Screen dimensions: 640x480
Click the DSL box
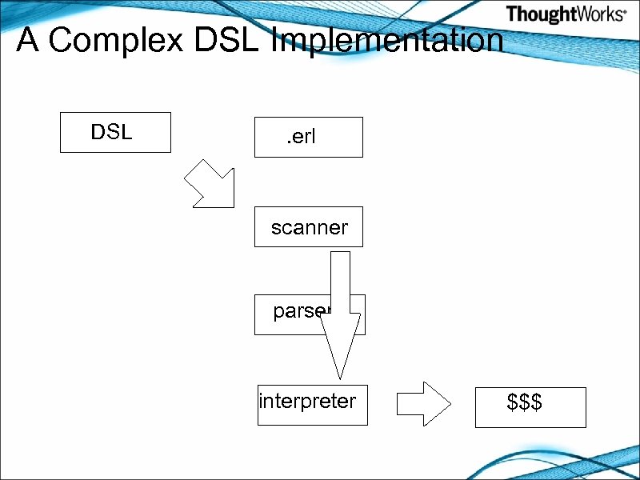pyautogui.click(x=115, y=132)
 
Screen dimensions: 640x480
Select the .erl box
pyautogui.click(x=308, y=137)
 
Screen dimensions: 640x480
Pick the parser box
pyautogui.click(x=288, y=314)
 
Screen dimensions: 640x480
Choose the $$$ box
pyautogui.click(x=530, y=407)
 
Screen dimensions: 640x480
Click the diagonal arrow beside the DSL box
pyautogui.click(x=210, y=185)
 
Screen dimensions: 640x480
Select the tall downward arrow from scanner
pyautogui.click(x=341, y=304)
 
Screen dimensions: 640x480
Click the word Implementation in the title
pyautogui.click(x=389, y=40)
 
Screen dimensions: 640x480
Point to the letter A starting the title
pyautogui.click(x=28, y=40)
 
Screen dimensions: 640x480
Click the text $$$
pyautogui.click(x=525, y=402)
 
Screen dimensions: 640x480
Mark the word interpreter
pyautogui.click(x=307, y=400)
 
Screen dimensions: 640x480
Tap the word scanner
pyautogui.click(x=310, y=228)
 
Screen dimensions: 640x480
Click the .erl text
pyautogui.click(x=302, y=137)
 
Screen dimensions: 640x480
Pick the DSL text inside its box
pyautogui.click(x=111, y=132)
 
